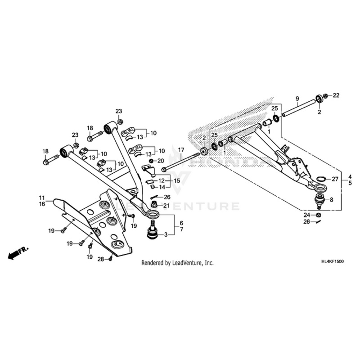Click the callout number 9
tap(297, 99)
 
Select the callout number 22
tap(336, 95)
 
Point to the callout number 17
tap(181, 150)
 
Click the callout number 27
tap(335, 179)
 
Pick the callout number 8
tap(331, 199)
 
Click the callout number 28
tap(101, 259)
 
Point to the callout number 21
tap(166, 206)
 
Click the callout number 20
tap(161, 161)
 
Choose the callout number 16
tap(41, 204)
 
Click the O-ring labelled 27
tap(320, 180)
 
